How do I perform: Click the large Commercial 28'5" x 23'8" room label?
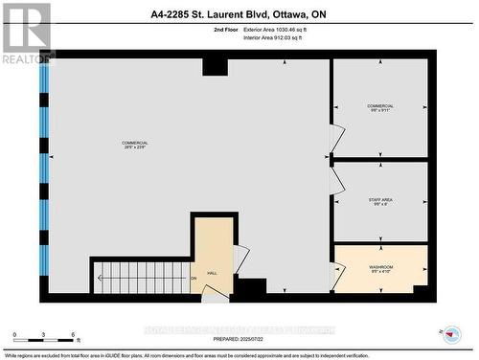coord(135,146)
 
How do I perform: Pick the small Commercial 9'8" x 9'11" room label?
coord(380,108)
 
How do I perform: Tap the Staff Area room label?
coord(380,201)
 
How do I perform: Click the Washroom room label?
coord(380,269)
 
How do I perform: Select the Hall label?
coord(213,273)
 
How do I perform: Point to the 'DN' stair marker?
coord(193,279)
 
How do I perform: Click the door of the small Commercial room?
coord(336,140)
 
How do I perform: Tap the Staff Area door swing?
coord(336,180)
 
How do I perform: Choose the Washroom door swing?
coord(335,277)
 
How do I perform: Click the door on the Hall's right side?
coord(240,258)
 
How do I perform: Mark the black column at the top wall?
coord(215,66)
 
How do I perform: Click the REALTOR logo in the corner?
coord(27,33)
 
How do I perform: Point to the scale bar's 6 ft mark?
coord(74,335)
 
